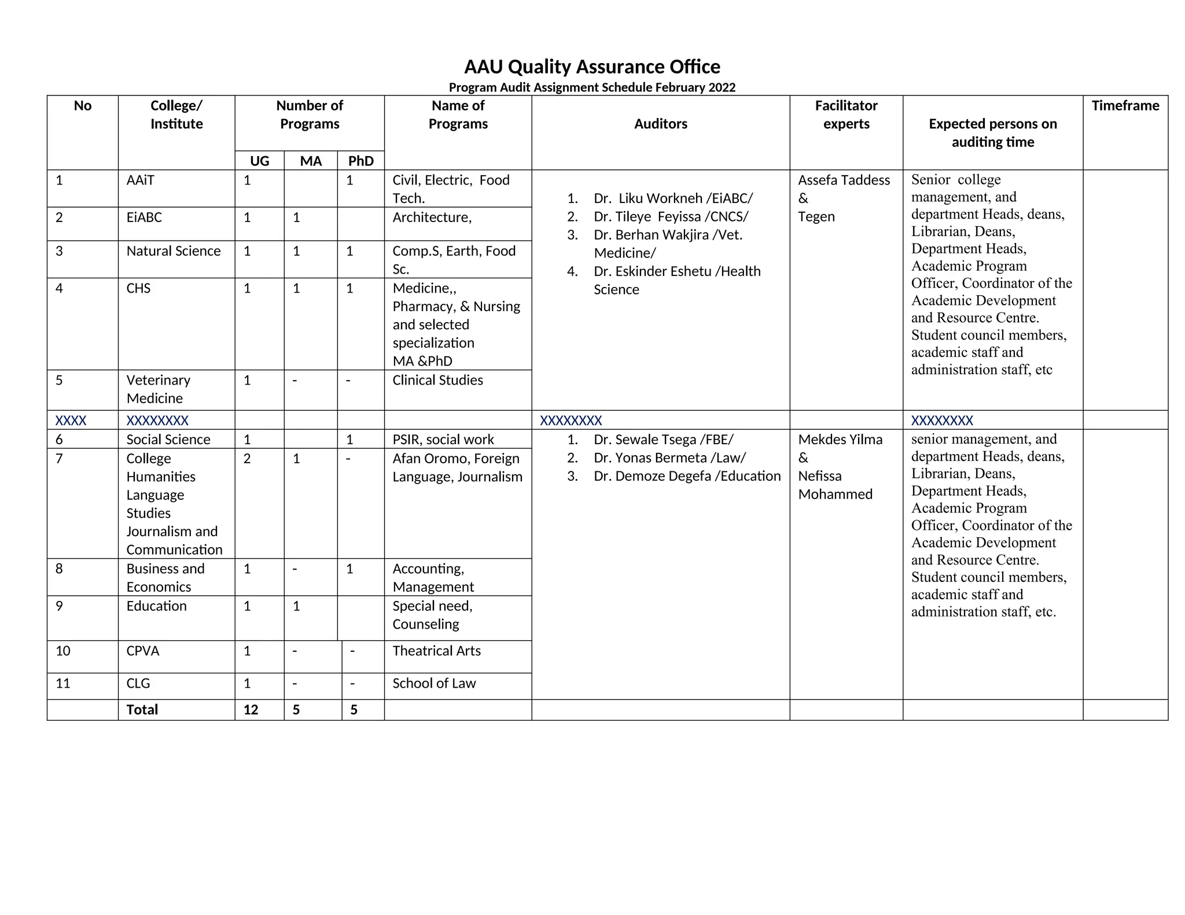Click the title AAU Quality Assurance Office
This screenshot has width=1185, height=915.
click(592, 67)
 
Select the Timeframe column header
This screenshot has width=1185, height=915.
click(1125, 106)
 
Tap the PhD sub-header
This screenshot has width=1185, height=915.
click(360, 161)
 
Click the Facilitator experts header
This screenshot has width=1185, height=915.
click(846, 115)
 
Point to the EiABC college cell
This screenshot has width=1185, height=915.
click(144, 217)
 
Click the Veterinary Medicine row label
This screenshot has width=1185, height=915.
click(158, 389)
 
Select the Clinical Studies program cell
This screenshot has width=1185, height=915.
click(437, 380)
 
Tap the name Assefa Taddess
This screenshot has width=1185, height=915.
click(844, 180)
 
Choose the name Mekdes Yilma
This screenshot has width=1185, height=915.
click(840, 439)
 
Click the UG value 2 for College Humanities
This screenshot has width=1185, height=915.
click(247, 459)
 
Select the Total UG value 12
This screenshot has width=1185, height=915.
click(251, 710)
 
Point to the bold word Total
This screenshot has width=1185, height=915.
click(142, 710)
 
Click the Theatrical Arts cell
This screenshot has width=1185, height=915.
click(436, 651)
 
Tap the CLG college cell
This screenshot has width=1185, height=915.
click(138, 683)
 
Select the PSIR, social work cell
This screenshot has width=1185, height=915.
click(443, 439)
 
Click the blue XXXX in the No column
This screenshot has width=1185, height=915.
click(71, 420)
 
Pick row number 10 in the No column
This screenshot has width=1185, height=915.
click(63, 651)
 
